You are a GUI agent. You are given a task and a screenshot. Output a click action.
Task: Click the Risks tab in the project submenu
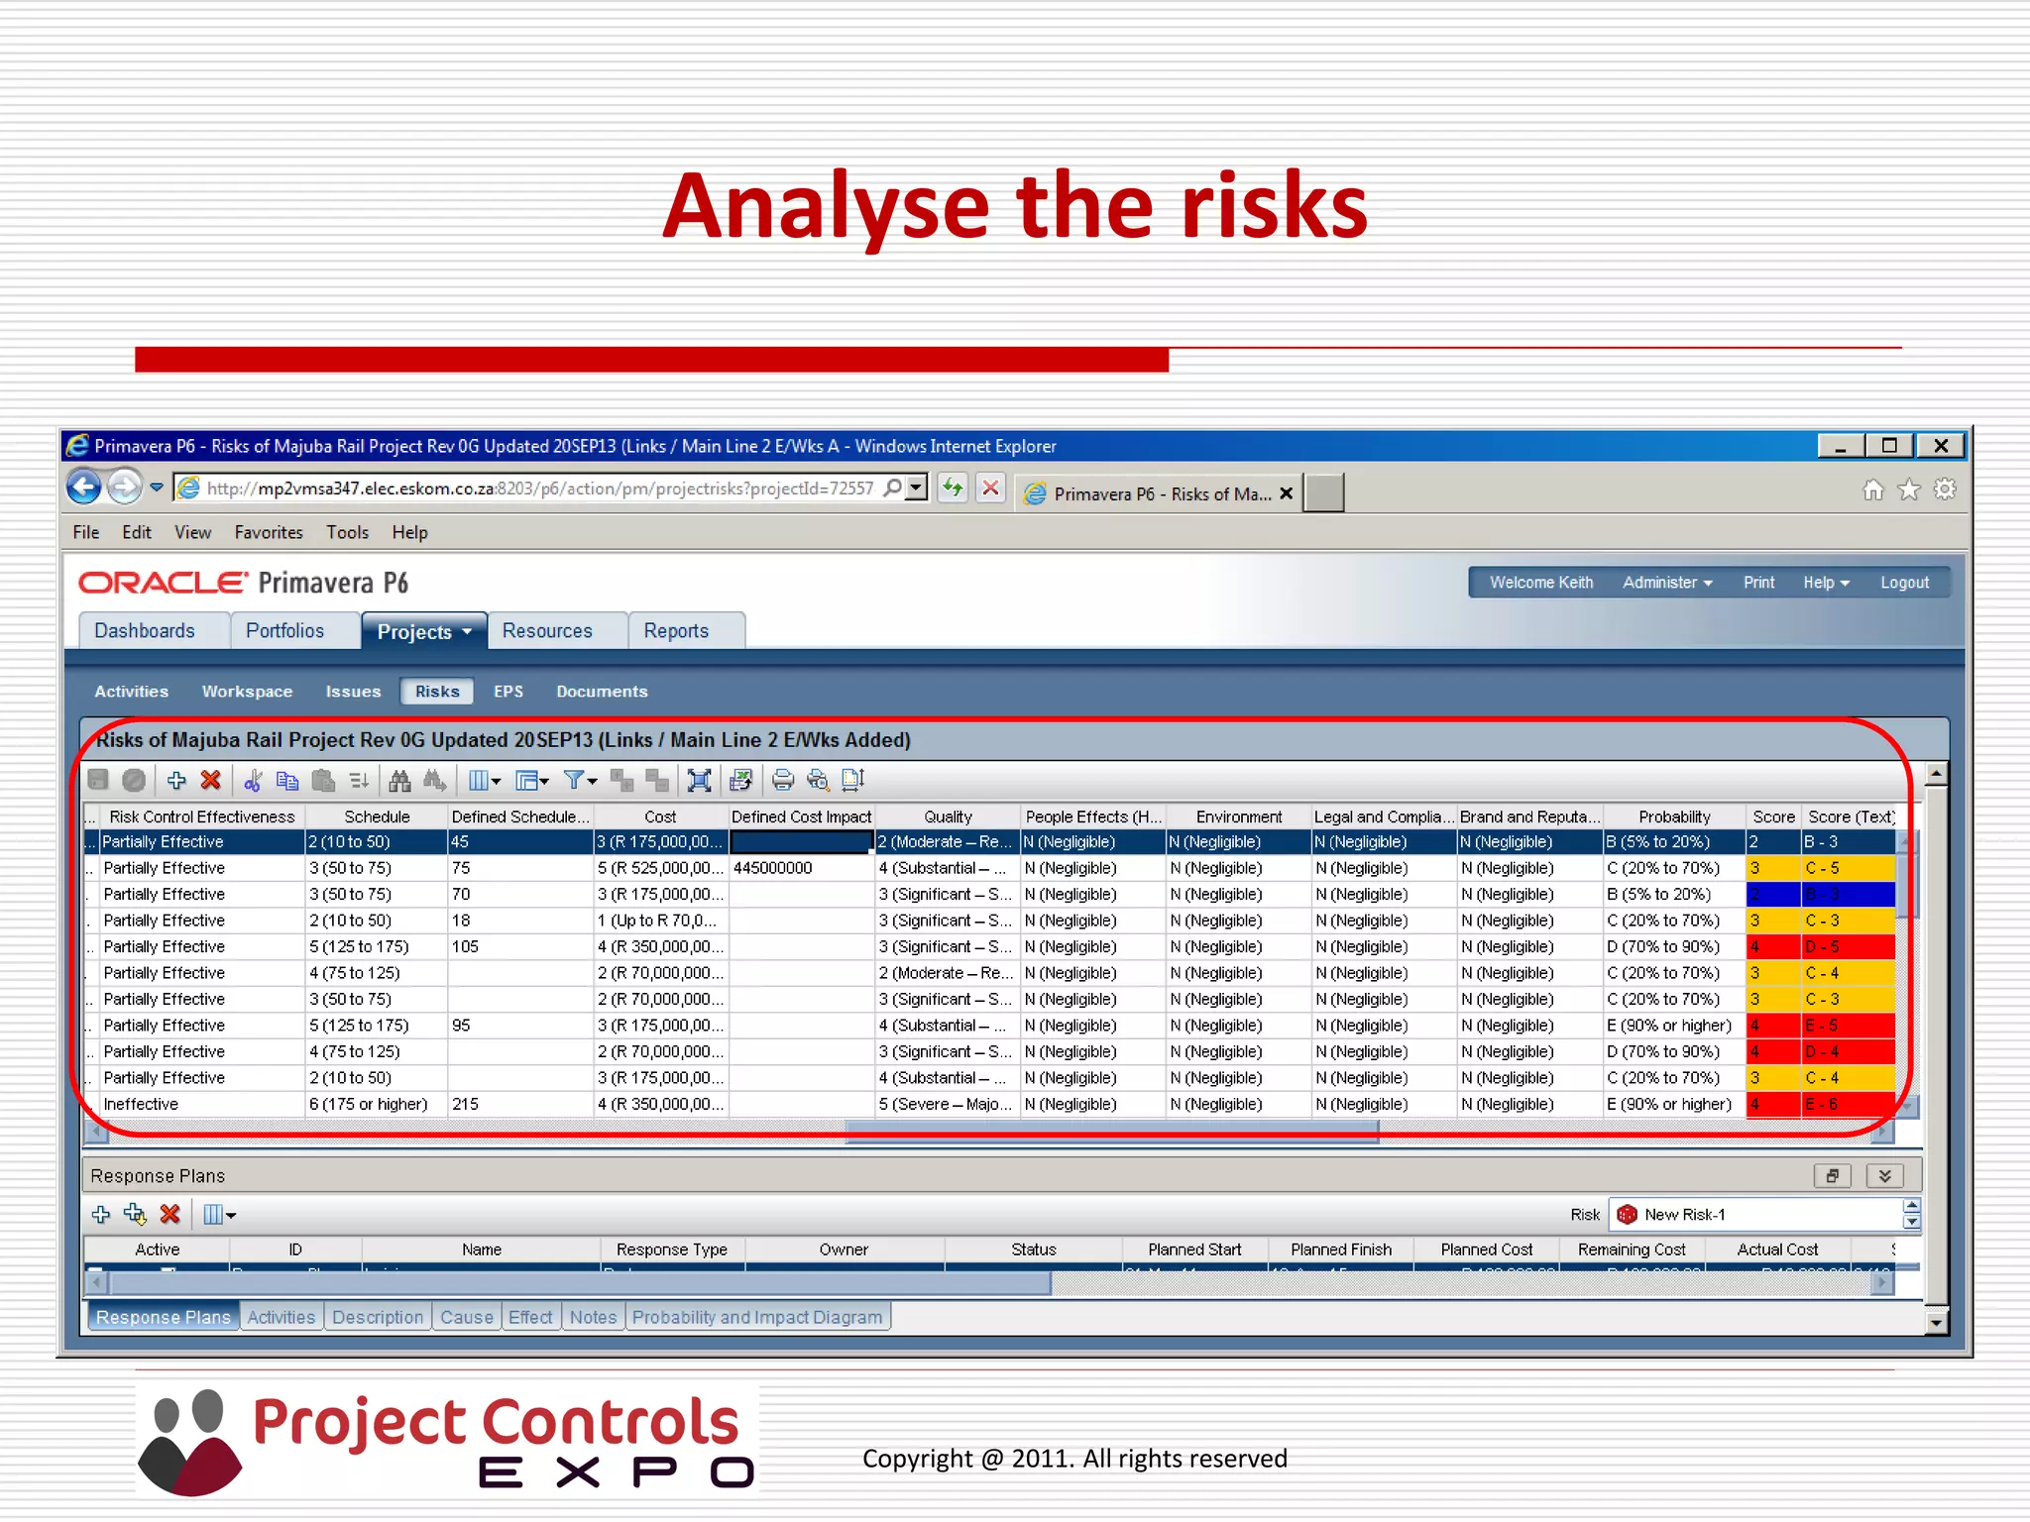(437, 692)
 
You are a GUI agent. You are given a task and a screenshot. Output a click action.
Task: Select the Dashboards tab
(145, 631)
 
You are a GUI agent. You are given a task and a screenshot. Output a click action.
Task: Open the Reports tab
(676, 631)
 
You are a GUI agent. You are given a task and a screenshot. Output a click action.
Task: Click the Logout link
(1904, 583)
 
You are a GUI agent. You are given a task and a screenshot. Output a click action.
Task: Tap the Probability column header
(1674, 816)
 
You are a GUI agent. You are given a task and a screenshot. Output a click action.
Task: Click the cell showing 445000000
(773, 868)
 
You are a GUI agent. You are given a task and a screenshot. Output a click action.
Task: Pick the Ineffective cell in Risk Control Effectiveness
(141, 1104)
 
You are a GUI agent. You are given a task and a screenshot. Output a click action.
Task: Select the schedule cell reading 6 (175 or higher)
(369, 1104)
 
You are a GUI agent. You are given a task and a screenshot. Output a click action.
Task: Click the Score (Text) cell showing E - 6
(1822, 1104)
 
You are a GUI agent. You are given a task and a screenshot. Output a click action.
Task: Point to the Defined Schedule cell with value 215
(465, 1104)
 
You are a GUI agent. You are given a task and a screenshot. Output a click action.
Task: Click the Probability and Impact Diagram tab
(757, 1317)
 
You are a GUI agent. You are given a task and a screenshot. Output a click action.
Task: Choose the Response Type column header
(671, 1250)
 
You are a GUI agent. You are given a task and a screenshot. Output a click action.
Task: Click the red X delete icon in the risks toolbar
(210, 781)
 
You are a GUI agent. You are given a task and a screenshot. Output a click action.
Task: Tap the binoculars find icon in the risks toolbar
(399, 781)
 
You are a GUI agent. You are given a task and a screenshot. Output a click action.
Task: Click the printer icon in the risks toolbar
(782, 781)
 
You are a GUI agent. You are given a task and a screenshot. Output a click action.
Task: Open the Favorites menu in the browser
(269, 532)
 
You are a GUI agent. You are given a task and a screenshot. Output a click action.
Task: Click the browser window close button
(1941, 446)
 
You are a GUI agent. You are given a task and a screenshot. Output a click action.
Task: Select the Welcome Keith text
(1541, 583)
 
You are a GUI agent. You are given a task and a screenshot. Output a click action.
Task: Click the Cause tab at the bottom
(467, 1317)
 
